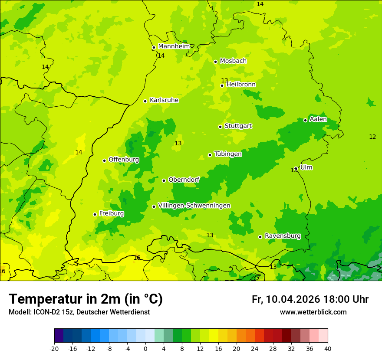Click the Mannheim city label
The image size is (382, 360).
click(x=174, y=46)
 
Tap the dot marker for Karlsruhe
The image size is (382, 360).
click(x=145, y=101)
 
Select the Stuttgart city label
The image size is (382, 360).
click(x=238, y=126)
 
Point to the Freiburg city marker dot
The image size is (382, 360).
click(x=95, y=214)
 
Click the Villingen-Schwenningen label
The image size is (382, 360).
click(x=194, y=206)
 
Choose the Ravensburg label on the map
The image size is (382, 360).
click(x=282, y=236)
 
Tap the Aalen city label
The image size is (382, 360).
click(x=318, y=119)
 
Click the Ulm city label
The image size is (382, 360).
click(x=306, y=167)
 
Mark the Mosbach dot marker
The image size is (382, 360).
click(x=215, y=62)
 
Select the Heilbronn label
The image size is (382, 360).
click(x=241, y=85)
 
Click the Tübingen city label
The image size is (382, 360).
click(x=228, y=154)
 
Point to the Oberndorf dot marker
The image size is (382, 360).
click(x=164, y=180)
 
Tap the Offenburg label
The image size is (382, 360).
click(x=124, y=160)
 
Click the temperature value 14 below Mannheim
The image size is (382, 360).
click(x=161, y=56)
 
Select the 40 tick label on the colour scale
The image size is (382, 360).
click(x=328, y=348)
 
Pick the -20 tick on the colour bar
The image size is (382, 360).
click(x=54, y=348)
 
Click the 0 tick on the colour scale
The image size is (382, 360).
click(x=145, y=348)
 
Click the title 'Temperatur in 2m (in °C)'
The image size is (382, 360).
click(x=86, y=299)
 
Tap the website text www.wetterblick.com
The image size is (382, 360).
click(x=313, y=312)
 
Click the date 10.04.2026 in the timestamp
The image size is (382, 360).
click(x=293, y=299)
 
